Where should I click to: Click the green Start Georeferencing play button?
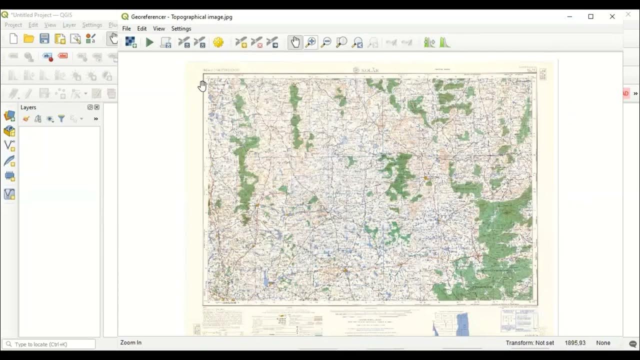click(x=149, y=43)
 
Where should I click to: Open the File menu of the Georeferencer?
click(x=126, y=28)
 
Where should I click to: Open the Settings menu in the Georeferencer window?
click(x=181, y=28)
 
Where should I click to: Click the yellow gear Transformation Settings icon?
click(x=218, y=43)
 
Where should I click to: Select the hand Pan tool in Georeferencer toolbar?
click(x=295, y=43)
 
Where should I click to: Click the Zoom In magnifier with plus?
click(x=310, y=43)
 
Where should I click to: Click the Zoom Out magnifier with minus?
click(x=326, y=43)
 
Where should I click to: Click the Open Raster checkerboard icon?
click(x=131, y=43)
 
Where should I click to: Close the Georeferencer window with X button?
click(x=612, y=16)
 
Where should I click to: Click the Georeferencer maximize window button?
click(x=590, y=16)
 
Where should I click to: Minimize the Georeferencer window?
click(x=569, y=16)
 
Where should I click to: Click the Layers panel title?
click(x=28, y=107)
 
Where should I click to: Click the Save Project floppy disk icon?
click(x=44, y=39)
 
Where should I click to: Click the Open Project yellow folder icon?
click(x=29, y=39)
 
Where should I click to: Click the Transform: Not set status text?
click(x=529, y=343)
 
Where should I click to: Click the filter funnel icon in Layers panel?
click(x=61, y=119)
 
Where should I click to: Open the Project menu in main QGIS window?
click(x=13, y=25)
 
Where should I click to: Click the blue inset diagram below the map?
click(x=462, y=324)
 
